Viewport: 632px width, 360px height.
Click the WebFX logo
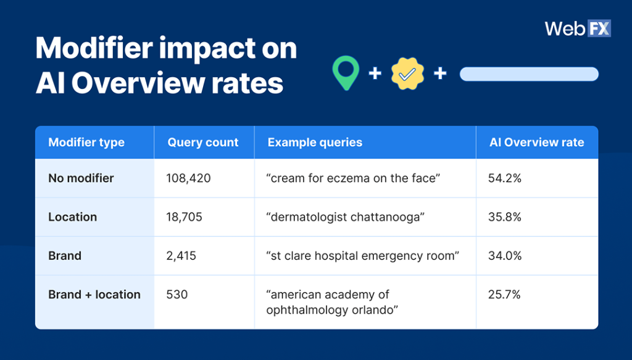point(577,28)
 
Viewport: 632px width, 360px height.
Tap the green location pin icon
point(345,73)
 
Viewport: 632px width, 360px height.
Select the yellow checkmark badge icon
point(407,74)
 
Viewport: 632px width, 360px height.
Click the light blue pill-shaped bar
point(529,74)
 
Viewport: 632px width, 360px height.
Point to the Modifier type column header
point(86,143)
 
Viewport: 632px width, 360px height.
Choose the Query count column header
point(203,143)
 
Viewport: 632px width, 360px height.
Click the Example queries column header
point(315,143)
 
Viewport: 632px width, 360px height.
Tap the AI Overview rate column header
point(536,143)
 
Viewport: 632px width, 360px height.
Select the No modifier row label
point(81,178)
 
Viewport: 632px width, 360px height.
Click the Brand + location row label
point(94,295)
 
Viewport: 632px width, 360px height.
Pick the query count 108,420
point(188,178)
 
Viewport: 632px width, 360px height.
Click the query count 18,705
point(184,217)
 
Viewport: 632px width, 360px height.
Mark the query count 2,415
point(181,256)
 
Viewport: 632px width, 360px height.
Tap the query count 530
point(177,295)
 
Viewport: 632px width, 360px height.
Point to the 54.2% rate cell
point(505,178)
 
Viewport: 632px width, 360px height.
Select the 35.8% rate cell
point(505,217)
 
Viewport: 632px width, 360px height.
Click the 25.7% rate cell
point(504,295)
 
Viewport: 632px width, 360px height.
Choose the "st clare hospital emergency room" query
point(362,256)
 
